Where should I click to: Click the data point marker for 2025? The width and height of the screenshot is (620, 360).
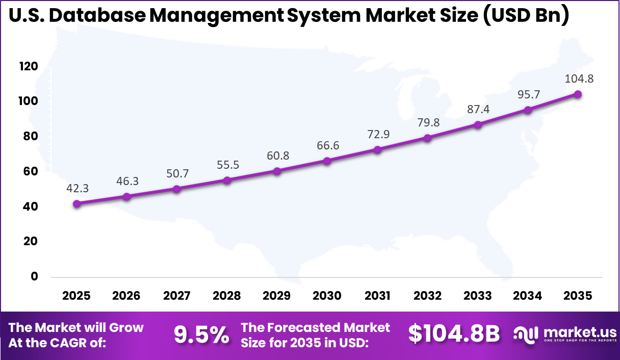[x=76, y=204]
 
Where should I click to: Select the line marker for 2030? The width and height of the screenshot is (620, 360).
[x=327, y=161]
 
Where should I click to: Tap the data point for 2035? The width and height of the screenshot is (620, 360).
[x=578, y=94]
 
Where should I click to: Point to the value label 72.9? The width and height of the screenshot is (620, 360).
[x=377, y=134]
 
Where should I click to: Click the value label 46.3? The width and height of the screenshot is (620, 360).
[x=126, y=181]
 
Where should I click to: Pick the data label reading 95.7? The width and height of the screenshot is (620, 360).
[x=528, y=94]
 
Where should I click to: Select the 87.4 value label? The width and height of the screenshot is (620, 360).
[x=478, y=109]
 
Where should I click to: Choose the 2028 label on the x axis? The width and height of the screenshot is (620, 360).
[x=227, y=296]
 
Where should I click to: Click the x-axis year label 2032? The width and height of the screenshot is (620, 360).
[x=427, y=296]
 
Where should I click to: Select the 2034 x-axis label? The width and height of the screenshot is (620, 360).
[x=528, y=296]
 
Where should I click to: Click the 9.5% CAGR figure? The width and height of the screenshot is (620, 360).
[x=201, y=335]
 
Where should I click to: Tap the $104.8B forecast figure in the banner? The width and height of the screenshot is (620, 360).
[x=454, y=334]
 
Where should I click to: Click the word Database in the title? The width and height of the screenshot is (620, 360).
[x=100, y=16]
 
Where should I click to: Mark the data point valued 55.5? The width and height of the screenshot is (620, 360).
[x=227, y=181]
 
